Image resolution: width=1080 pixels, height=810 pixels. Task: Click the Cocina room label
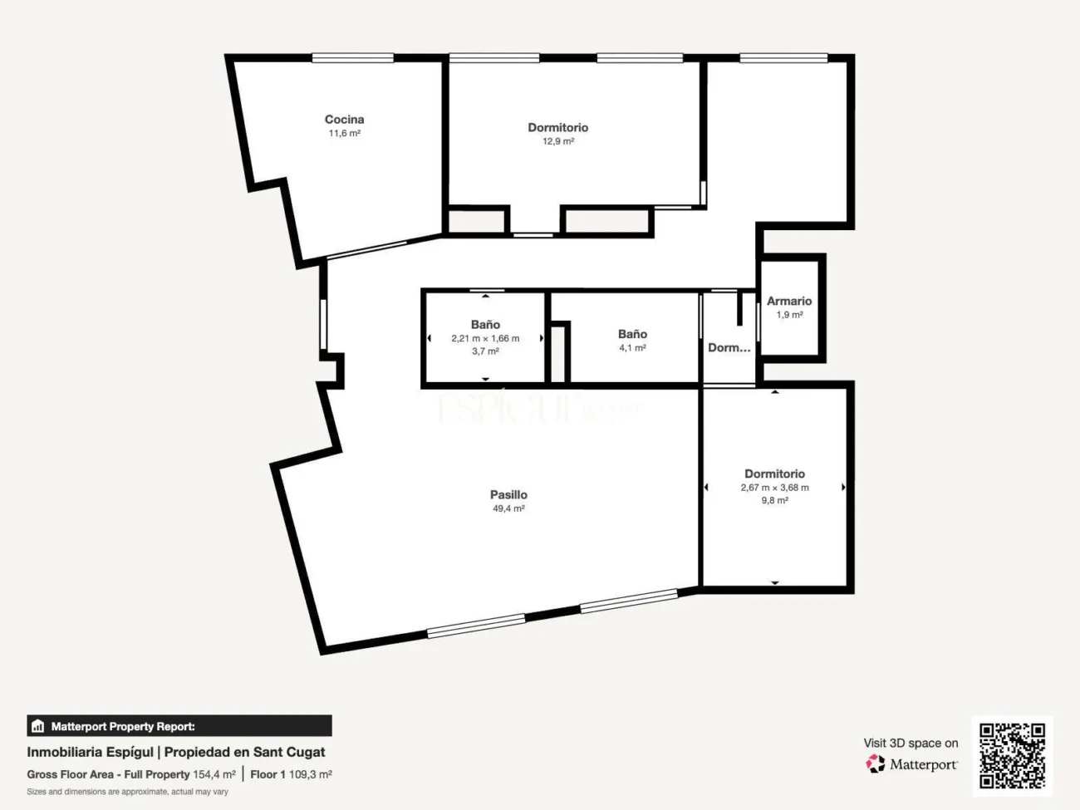click(x=344, y=120)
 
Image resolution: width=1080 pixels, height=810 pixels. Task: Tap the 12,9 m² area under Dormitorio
click(x=557, y=141)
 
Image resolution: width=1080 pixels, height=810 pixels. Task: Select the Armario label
click(x=788, y=301)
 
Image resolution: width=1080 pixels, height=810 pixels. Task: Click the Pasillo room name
click(x=508, y=494)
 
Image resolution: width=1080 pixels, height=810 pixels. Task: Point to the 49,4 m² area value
click(x=508, y=508)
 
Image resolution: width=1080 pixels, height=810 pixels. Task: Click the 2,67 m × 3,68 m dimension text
click(x=774, y=488)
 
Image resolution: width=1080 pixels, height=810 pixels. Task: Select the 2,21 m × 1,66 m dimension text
click(x=485, y=338)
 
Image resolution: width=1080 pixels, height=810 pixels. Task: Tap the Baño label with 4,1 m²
click(x=632, y=334)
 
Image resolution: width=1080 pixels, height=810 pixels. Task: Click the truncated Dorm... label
click(x=729, y=348)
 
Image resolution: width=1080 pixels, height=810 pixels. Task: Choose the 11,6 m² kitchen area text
click(x=344, y=133)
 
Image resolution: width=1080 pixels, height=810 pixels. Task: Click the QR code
click(x=1012, y=755)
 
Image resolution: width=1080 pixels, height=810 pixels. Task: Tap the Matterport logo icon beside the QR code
click(x=876, y=763)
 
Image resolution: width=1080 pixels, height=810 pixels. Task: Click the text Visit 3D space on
click(x=911, y=743)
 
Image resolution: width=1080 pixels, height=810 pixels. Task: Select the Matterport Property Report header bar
click(x=179, y=726)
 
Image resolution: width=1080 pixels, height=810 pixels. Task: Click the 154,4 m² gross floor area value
click(x=214, y=774)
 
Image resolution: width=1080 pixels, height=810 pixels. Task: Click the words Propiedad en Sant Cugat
click(x=245, y=752)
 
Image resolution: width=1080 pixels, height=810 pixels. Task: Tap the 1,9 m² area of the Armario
click(x=789, y=315)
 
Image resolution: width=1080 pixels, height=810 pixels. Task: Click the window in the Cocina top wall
click(x=352, y=58)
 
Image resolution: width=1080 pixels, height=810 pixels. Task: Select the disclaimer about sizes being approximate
click(x=127, y=792)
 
